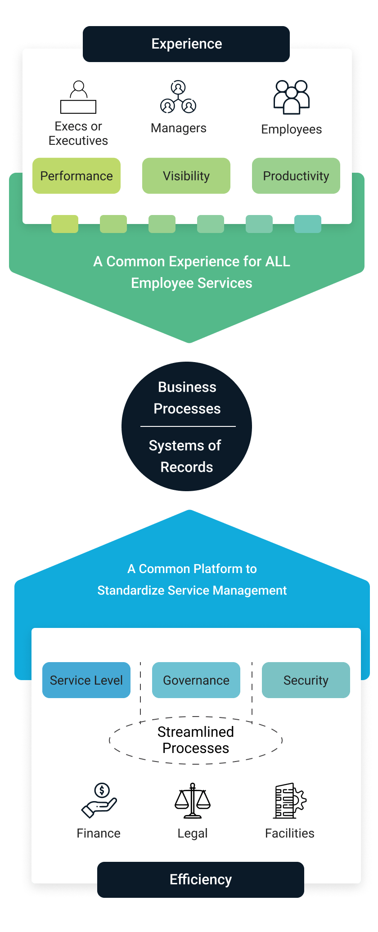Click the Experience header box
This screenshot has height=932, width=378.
click(186, 44)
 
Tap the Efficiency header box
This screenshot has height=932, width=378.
click(201, 879)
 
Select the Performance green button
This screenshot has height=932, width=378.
click(76, 176)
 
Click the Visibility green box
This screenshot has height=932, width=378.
click(186, 176)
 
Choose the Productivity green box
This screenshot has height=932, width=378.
click(296, 176)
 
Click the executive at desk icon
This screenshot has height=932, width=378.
click(78, 97)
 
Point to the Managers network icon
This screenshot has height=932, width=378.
click(178, 97)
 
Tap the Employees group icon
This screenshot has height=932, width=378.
click(292, 97)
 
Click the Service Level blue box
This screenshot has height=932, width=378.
click(86, 680)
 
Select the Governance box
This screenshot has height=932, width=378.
click(196, 680)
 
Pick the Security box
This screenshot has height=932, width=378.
click(306, 680)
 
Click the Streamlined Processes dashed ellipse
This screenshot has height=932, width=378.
click(196, 740)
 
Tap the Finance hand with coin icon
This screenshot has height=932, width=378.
click(99, 801)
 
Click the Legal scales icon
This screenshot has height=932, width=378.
click(193, 801)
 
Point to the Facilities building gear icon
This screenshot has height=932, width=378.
click(290, 801)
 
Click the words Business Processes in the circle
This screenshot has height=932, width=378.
click(187, 398)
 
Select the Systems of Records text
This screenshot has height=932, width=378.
click(185, 456)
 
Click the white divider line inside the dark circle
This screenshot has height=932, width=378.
click(188, 426)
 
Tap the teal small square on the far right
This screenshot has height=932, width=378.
click(308, 224)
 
